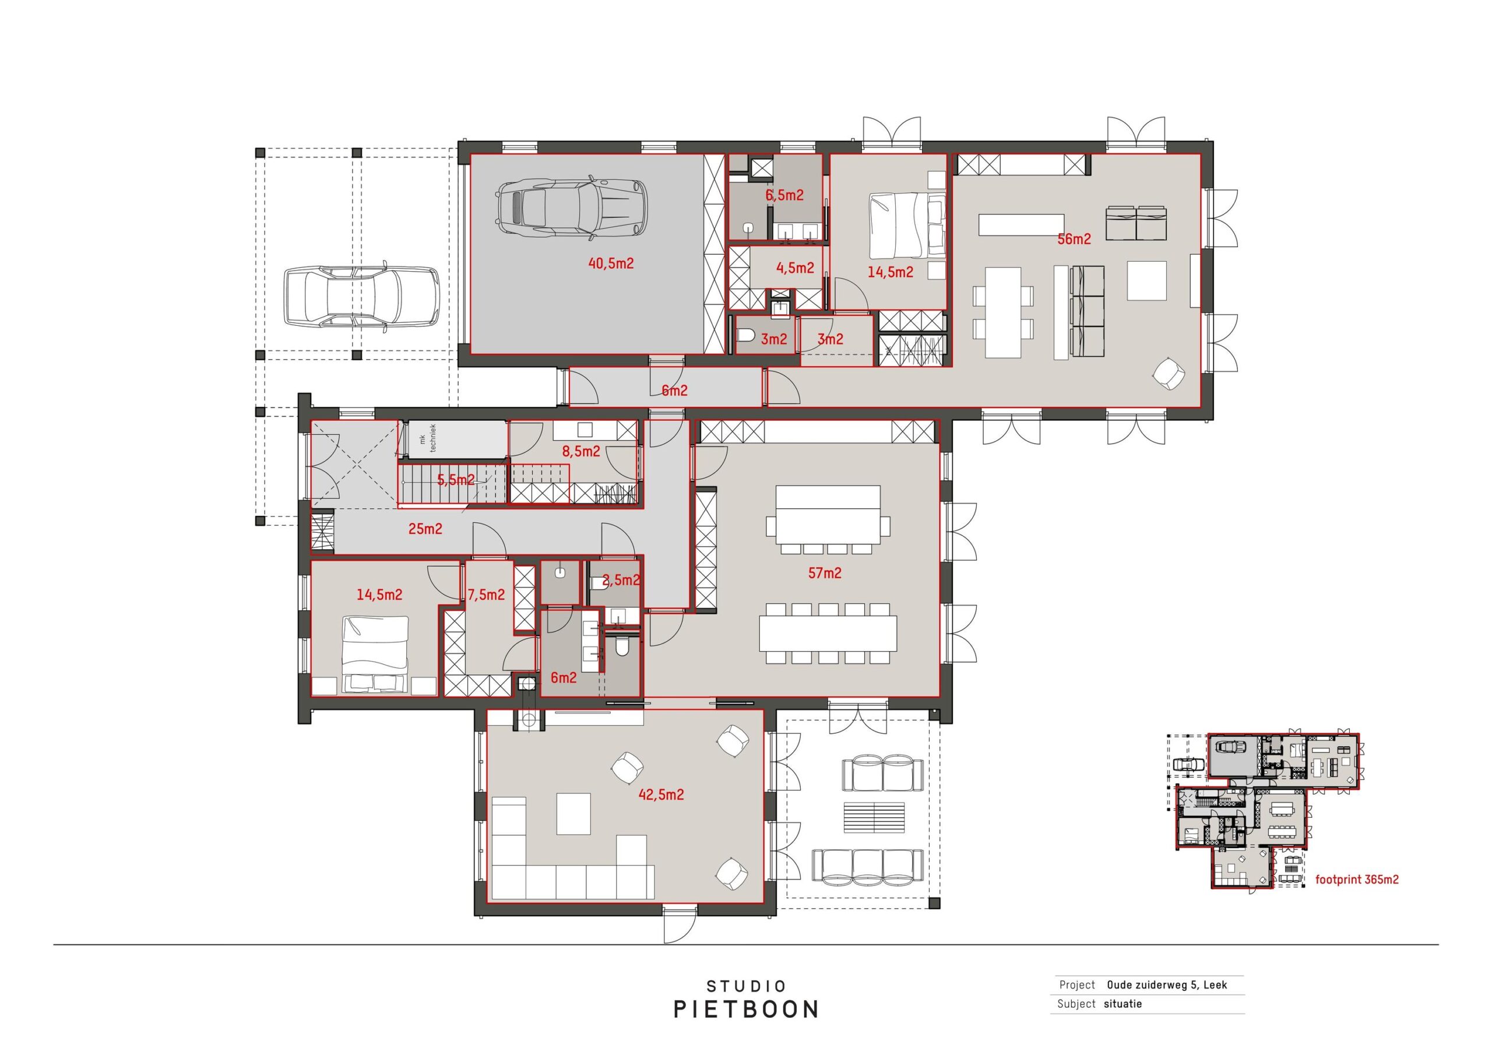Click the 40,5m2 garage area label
pyautogui.click(x=610, y=263)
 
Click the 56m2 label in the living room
pyautogui.click(x=1074, y=238)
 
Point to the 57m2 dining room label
pyautogui.click(x=825, y=573)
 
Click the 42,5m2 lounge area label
pyautogui.click(x=661, y=794)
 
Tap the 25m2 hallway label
pyautogui.click(x=425, y=529)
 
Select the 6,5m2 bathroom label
pyautogui.click(x=784, y=195)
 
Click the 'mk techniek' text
pyautogui.click(x=428, y=438)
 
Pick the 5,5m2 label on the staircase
pyautogui.click(x=456, y=480)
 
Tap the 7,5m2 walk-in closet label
pyautogui.click(x=486, y=594)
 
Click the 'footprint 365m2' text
pyautogui.click(x=1357, y=880)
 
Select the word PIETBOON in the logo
pyautogui.click(x=746, y=1010)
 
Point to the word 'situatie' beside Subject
pyautogui.click(x=1122, y=1004)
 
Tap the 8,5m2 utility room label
pyautogui.click(x=581, y=451)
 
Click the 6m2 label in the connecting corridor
pyautogui.click(x=674, y=391)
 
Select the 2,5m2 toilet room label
pyautogui.click(x=621, y=580)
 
